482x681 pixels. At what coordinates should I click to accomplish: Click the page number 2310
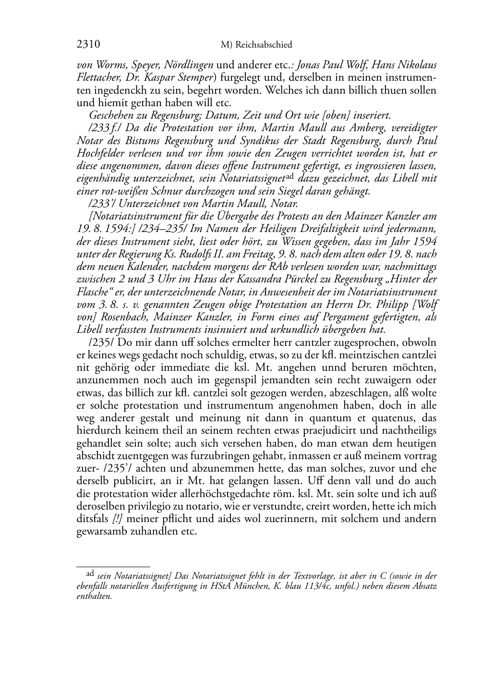88,45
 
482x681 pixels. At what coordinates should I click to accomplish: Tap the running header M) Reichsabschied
256,45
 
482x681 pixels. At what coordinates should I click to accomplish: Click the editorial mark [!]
118,519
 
